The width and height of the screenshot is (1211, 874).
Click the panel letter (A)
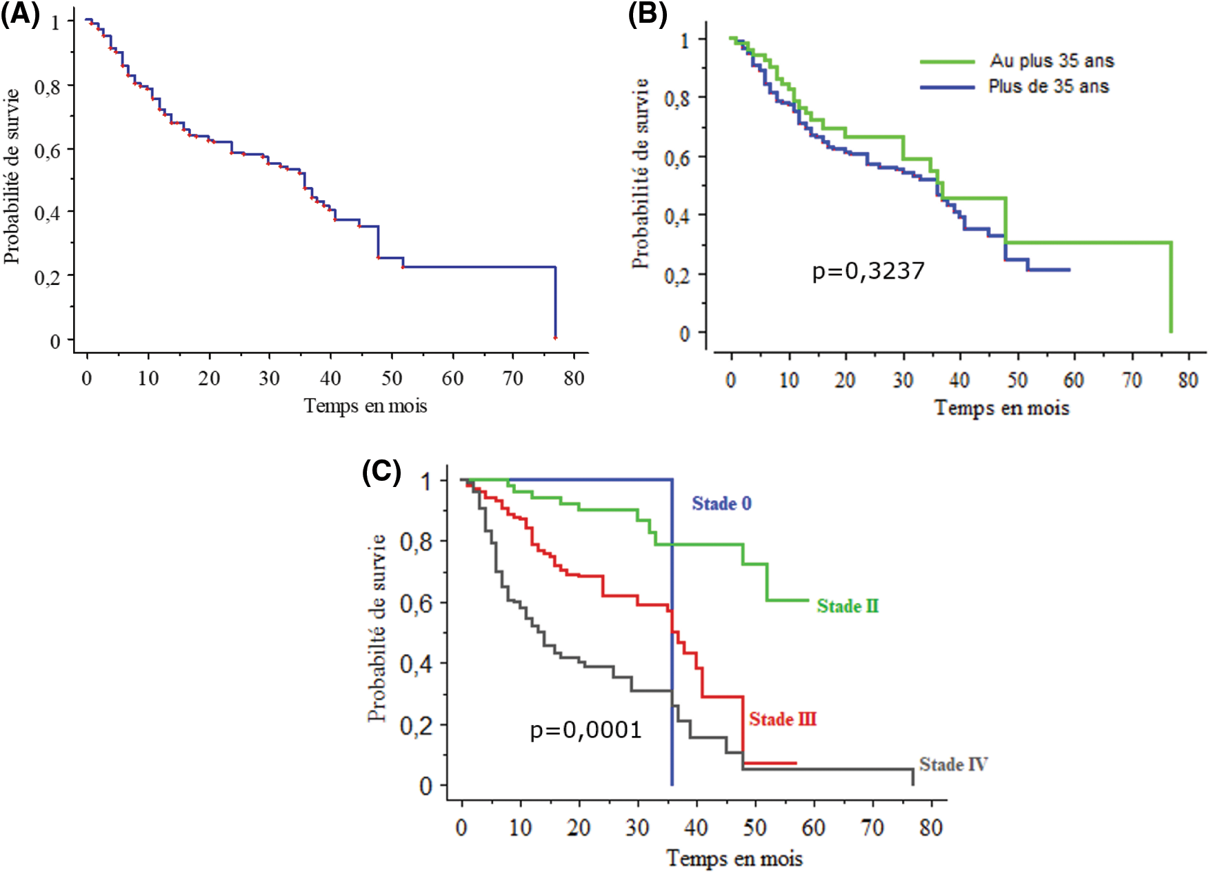[20, 14]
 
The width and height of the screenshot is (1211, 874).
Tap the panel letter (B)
[647, 14]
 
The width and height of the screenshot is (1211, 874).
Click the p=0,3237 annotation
[868, 270]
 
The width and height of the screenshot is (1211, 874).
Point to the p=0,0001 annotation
[586, 729]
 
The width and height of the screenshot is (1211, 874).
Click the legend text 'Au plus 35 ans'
[1052, 61]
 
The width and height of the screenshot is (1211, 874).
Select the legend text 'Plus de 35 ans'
[1048, 86]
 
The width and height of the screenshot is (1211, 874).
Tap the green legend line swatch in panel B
[947, 61]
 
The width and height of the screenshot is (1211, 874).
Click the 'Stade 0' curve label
[721, 504]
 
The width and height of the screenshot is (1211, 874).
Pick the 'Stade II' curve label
[848, 606]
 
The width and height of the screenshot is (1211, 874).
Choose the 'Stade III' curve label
[783, 719]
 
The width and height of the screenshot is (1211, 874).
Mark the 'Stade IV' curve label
[953, 764]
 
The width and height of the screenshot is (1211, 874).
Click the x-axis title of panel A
[366, 406]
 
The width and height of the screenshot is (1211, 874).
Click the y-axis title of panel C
[377, 628]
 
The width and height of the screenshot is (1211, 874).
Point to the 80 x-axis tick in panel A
[573, 378]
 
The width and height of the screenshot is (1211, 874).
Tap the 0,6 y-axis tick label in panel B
[676, 158]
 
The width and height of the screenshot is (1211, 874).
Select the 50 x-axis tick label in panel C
[755, 826]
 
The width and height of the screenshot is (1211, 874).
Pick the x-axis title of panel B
[1001, 408]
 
